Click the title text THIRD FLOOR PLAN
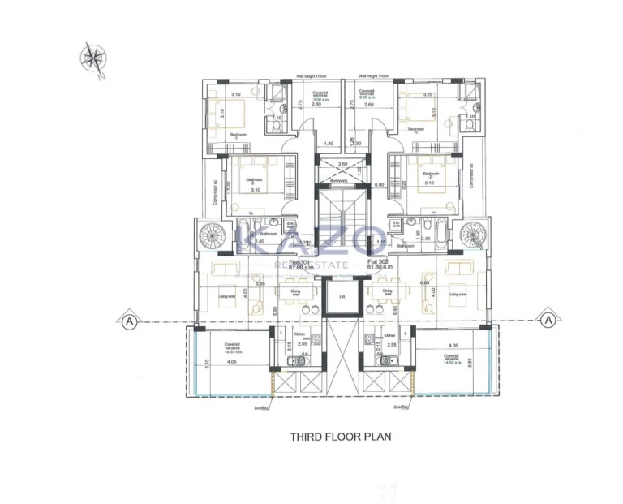click(x=341, y=436)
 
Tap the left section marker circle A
click(x=127, y=321)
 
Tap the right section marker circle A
click(x=549, y=321)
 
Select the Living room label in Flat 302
click(x=458, y=295)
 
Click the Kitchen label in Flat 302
click(x=389, y=334)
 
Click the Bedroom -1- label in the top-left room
click(x=238, y=134)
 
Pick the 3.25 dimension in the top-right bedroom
click(x=429, y=95)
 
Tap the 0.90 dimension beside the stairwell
click(x=378, y=185)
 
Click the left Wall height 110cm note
click(x=310, y=78)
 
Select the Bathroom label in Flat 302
click(x=406, y=244)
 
